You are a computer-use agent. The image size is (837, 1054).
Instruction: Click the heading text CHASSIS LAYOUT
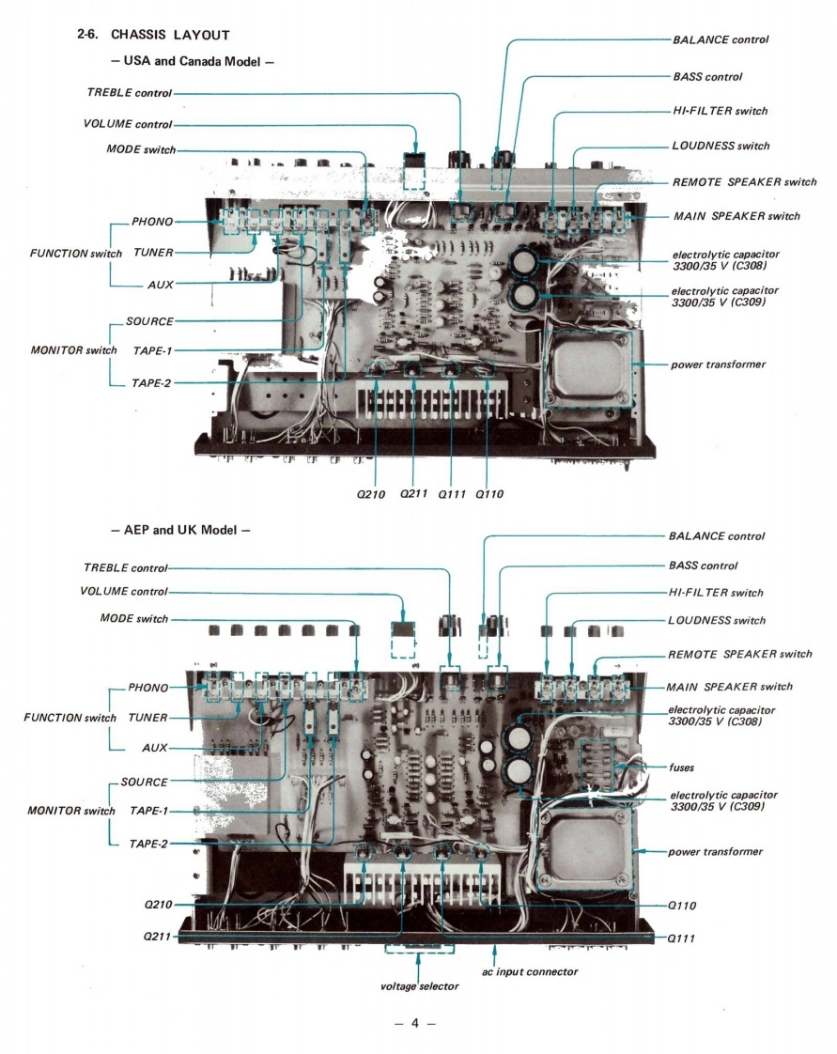(170, 36)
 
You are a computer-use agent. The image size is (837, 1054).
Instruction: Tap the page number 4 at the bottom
(413, 1023)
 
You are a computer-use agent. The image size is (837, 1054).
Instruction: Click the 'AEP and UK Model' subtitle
(179, 530)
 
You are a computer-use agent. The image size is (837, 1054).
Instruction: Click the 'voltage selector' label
(419, 986)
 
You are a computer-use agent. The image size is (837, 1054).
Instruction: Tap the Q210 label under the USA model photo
(373, 494)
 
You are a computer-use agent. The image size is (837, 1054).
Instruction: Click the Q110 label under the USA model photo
(489, 494)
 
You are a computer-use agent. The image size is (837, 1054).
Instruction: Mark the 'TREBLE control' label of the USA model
(130, 93)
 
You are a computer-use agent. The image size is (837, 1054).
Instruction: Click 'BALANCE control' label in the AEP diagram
(716, 536)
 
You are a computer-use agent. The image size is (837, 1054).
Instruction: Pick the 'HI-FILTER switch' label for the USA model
(720, 111)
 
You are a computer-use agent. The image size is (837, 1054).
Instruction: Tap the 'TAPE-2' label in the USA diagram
(152, 382)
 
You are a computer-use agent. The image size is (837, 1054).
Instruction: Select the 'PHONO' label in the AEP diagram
(148, 688)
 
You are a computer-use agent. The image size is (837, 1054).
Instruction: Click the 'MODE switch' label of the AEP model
(133, 619)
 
